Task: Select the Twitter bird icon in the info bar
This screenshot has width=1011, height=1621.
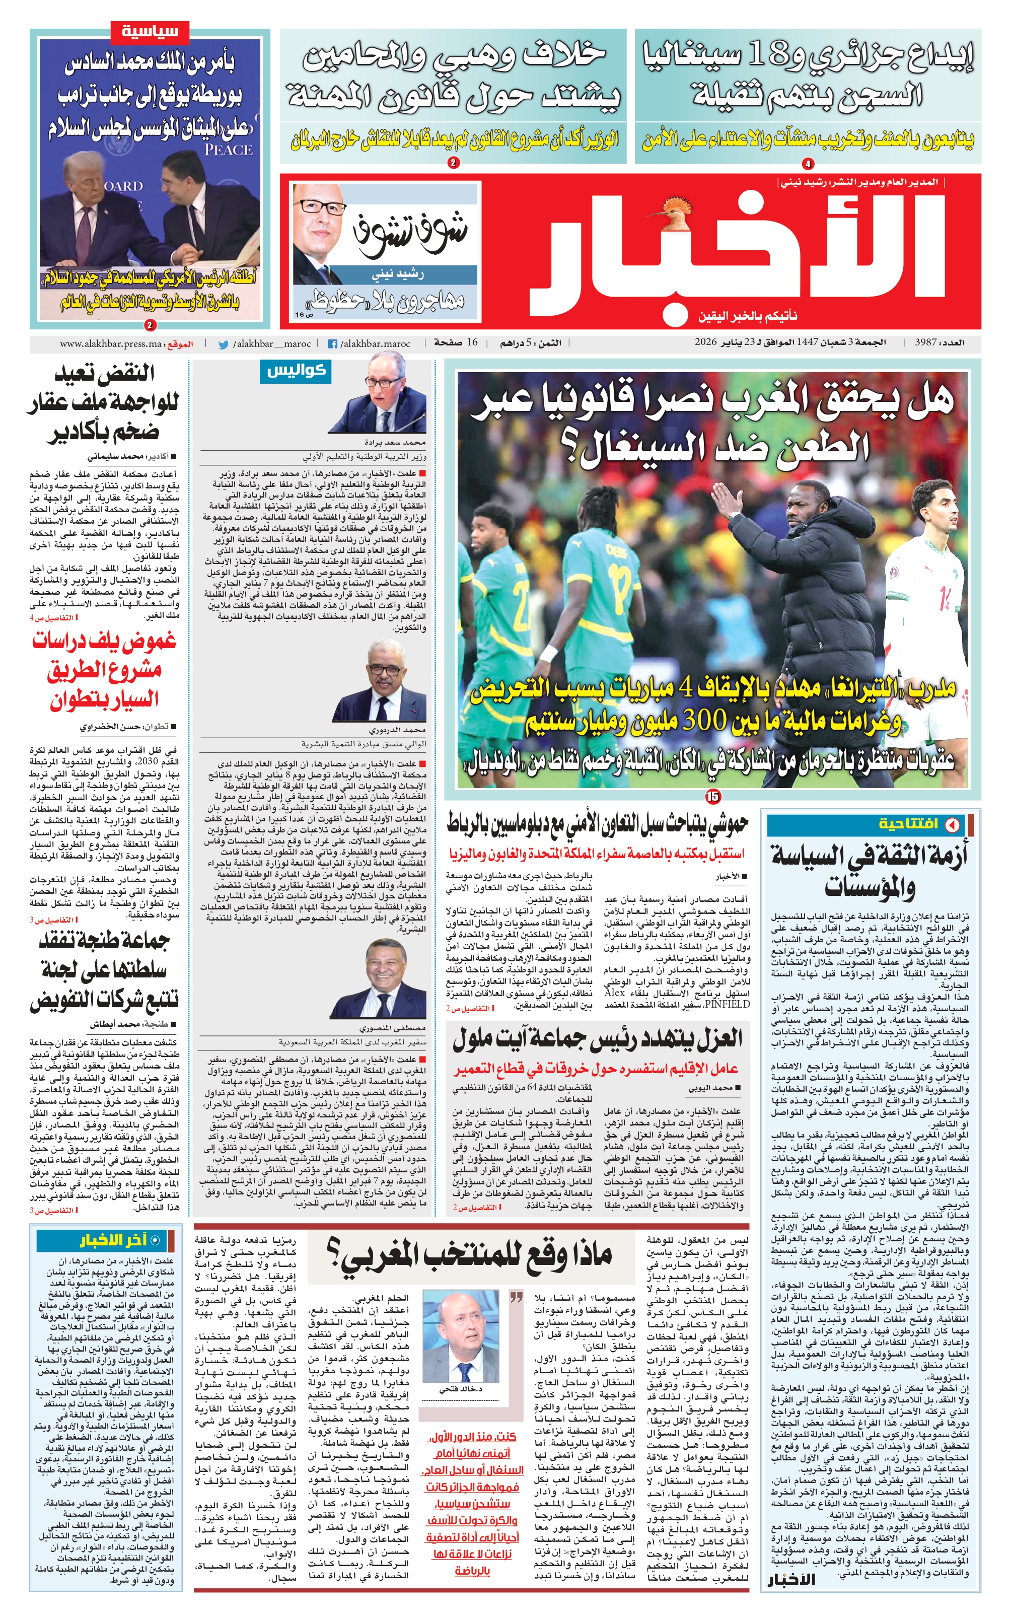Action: point(224,344)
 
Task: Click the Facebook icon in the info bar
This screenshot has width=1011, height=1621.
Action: point(332,344)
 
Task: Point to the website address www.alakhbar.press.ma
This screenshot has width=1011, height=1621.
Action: point(111,344)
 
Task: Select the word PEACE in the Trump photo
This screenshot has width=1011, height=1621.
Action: point(229,150)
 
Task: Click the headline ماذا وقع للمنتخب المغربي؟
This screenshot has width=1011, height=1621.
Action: point(469,1255)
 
